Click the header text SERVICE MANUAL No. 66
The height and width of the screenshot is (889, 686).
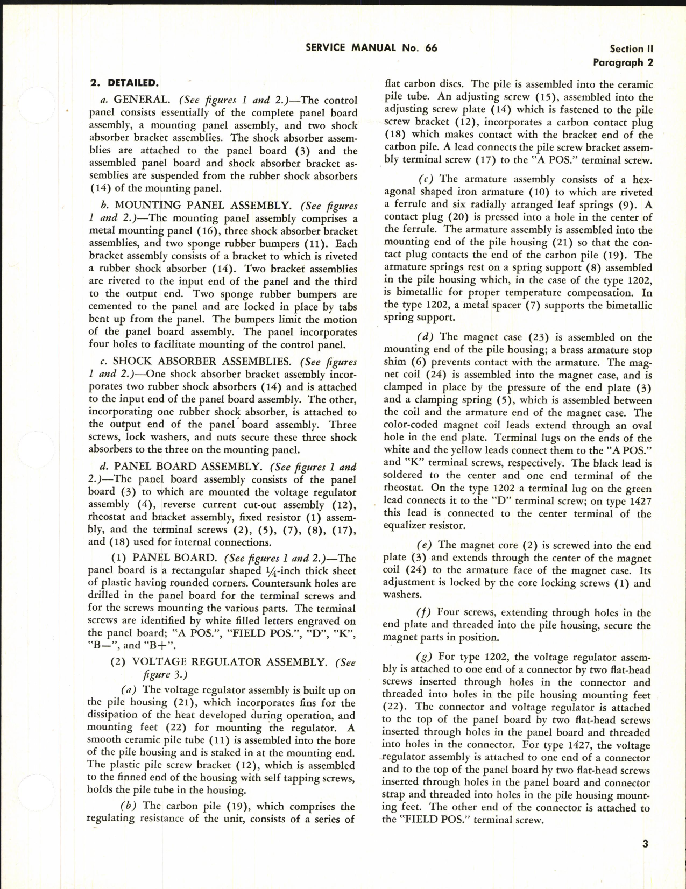[371, 47]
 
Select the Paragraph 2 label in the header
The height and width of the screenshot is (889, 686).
[623, 62]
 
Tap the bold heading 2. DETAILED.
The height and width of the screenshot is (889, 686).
[124, 83]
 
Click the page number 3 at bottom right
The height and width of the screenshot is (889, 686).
[645, 844]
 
